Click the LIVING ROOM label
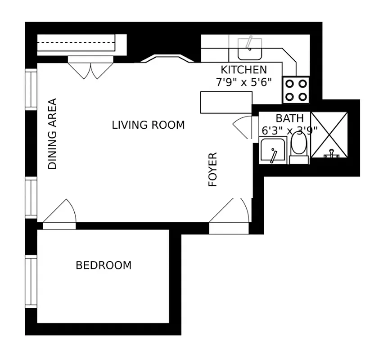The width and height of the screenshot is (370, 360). (148, 125)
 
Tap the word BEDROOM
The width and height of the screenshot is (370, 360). (104, 265)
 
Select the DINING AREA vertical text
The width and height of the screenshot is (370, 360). (53, 134)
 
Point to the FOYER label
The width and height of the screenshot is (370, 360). (212, 170)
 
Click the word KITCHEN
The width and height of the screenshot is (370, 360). (244, 70)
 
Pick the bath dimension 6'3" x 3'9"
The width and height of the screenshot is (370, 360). (289, 130)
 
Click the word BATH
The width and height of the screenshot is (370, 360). (289, 118)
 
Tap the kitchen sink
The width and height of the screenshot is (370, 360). (250, 49)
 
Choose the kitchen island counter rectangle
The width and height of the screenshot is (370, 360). (226, 103)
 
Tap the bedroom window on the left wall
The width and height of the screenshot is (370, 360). (31, 281)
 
